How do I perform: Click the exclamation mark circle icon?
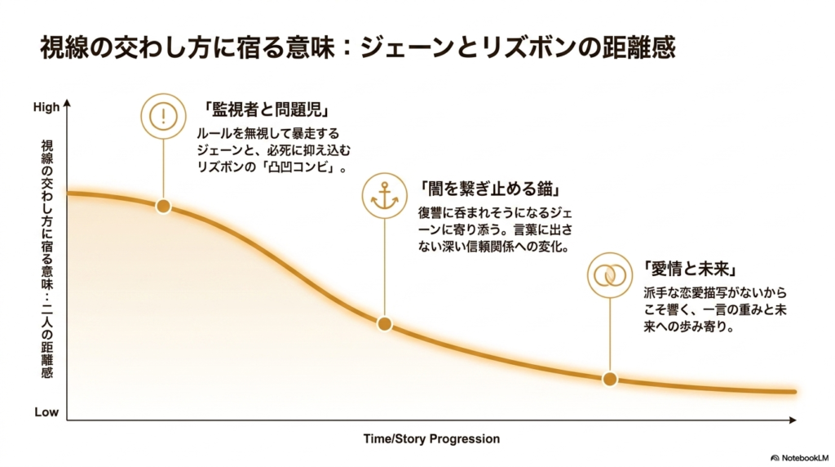(163, 113)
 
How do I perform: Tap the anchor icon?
(385, 195)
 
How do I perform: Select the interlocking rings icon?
(610, 275)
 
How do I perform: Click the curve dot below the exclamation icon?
(163, 207)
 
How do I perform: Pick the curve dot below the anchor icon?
(385, 324)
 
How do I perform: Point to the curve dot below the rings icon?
(610, 379)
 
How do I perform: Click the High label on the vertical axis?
(46, 107)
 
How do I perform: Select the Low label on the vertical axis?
(46, 412)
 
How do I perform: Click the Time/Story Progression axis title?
(431, 439)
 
